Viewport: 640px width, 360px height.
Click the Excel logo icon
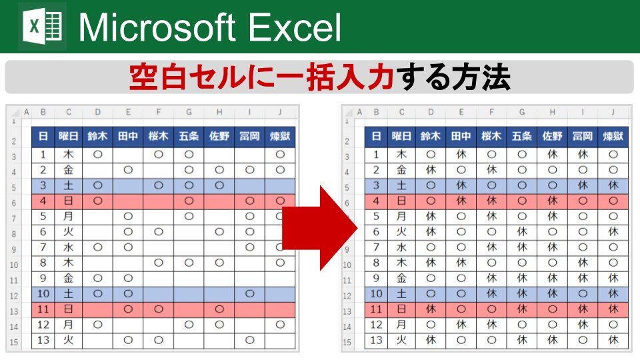(42, 27)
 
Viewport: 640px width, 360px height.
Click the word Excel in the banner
(294, 27)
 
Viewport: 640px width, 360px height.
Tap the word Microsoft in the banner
(157, 27)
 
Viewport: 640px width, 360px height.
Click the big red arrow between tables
(319, 228)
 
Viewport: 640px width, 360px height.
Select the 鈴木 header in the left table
(97, 136)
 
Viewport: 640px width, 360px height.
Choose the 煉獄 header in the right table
(613, 136)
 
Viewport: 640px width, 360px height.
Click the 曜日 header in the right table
(401, 136)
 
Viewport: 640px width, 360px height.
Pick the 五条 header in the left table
(189, 136)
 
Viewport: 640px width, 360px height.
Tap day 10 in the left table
(43, 294)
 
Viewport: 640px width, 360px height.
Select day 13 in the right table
(376, 340)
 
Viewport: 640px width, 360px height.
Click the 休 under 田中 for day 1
(461, 155)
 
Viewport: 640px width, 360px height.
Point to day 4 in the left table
(43, 201)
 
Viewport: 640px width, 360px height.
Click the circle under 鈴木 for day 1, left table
(97, 155)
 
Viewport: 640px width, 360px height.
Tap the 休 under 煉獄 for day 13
(613, 340)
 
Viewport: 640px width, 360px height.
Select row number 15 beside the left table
(14, 342)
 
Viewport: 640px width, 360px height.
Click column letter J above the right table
(613, 112)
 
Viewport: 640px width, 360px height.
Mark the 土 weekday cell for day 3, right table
(401, 186)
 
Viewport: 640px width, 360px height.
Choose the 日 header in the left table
(43, 136)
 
